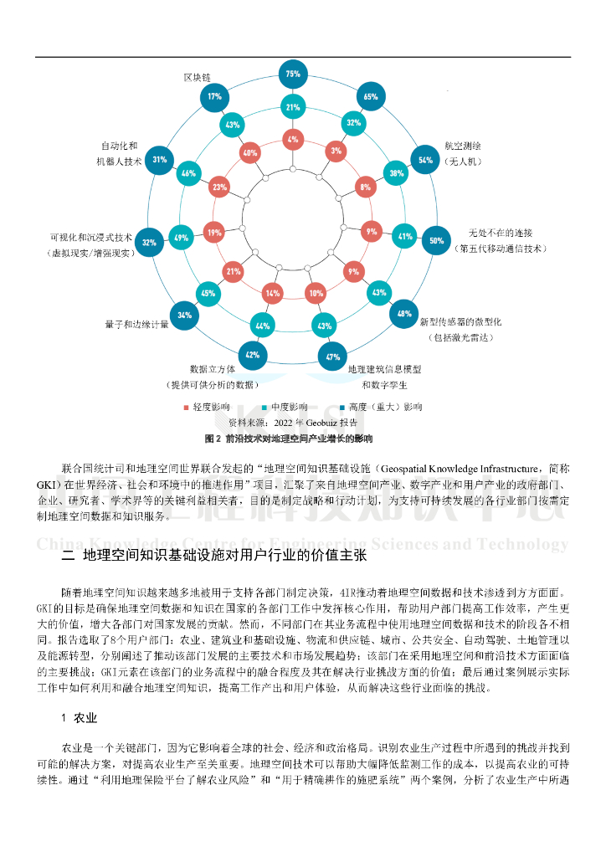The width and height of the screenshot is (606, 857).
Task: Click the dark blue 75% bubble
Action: pos(293,74)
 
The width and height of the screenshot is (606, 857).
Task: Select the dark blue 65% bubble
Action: pos(371,96)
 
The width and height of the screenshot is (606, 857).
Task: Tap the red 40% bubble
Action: pos(249,153)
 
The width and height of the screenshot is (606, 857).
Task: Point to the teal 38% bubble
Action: pos(397,173)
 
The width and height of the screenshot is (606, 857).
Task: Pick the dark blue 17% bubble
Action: pos(215,96)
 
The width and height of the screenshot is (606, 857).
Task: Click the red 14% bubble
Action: pos(272,294)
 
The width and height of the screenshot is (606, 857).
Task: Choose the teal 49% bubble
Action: pos(181,238)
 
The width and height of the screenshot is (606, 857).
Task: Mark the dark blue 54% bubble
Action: pos(425,160)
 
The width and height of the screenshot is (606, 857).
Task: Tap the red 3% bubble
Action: pos(336,151)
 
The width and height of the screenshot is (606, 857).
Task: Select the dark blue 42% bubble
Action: pos(252,355)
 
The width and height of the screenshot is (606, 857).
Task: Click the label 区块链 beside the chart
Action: pos(197,77)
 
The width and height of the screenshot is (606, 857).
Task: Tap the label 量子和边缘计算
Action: pos(136,324)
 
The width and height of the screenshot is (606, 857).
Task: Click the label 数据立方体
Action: pos(212,368)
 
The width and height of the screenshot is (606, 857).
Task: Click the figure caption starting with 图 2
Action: pos(288,438)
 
